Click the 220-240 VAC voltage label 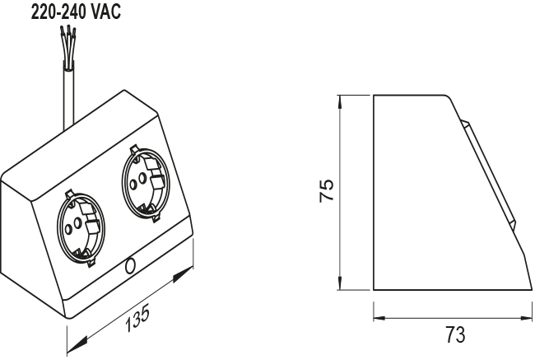pos(76,12)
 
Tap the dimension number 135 pos(137,319)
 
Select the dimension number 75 pos(327,190)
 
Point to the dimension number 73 pos(455,334)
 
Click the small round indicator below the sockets pos(130,266)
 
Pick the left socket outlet pos(81,228)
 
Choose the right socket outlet pos(146,185)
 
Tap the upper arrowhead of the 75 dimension pos(339,103)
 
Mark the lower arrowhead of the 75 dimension pos(339,282)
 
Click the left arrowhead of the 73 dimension pos(380,318)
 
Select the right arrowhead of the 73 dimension pos(525,318)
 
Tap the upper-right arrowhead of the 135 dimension pos(183,274)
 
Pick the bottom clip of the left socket pos(91,262)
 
